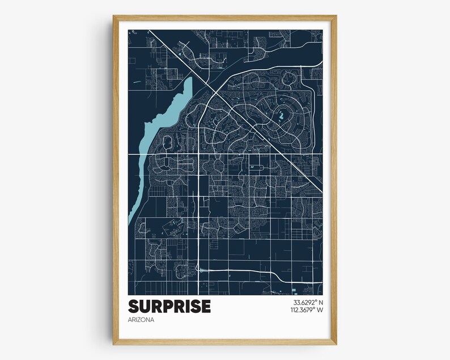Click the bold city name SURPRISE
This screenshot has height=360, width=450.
click(169, 306)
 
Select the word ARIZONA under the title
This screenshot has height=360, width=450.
click(141, 320)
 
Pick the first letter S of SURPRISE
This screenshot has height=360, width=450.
click(134, 306)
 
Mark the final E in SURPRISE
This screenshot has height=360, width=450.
click(205, 306)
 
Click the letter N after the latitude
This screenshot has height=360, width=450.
click(320, 302)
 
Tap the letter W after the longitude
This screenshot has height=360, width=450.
click(320, 310)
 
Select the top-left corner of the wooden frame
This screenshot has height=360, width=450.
click(114, 16)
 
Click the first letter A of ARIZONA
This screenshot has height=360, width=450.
click(130, 320)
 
